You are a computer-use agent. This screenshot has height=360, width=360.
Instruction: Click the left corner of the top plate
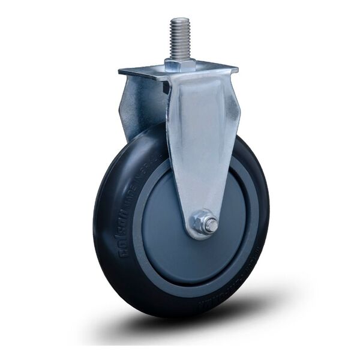[121, 72]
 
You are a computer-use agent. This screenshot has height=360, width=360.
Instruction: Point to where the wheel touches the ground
[180, 316]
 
